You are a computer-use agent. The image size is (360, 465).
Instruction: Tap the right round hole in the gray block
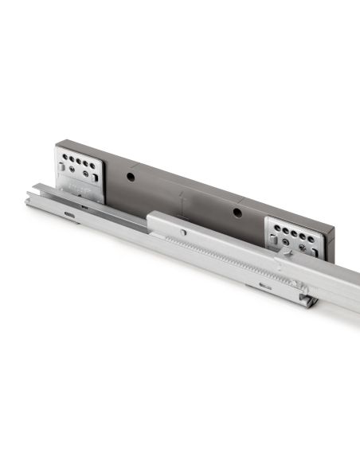click(236, 212)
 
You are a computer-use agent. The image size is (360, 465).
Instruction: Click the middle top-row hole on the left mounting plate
click(78, 159)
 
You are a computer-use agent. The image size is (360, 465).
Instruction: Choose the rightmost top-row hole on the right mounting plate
click(311, 238)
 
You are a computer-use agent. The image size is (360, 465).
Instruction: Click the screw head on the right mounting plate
click(302, 248)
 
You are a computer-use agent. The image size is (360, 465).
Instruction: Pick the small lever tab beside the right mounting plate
click(284, 253)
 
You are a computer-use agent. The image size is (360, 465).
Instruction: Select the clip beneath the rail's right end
click(307, 300)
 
